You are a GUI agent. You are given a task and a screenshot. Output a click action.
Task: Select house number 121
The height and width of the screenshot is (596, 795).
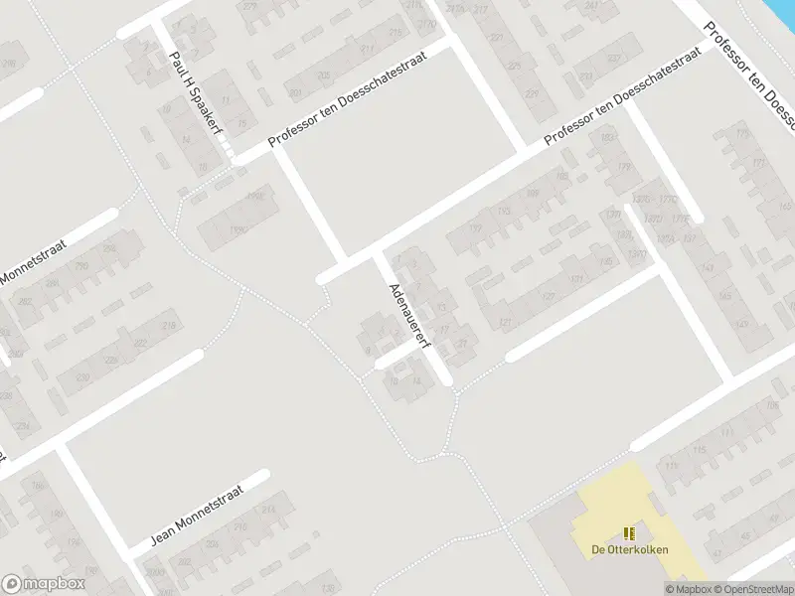(x=505, y=323)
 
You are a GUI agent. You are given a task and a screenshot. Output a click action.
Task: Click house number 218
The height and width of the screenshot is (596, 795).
(x=169, y=326)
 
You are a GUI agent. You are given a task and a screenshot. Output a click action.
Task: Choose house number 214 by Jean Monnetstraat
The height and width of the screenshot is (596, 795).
(x=268, y=510)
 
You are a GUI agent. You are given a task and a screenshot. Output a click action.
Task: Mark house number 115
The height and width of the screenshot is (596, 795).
(x=698, y=451)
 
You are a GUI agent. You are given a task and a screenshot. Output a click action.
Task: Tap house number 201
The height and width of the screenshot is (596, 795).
(x=295, y=93)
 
